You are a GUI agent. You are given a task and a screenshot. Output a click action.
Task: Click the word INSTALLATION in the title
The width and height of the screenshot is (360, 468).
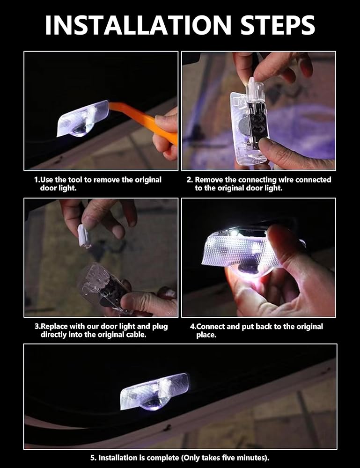pos(138,25)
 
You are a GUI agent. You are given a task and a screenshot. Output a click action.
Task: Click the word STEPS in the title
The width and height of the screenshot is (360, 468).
pos(278,25)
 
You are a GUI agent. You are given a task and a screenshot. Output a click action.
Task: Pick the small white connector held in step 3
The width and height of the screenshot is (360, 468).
pos(84,236)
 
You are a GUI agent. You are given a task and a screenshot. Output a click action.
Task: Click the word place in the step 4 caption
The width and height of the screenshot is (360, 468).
pos(206,335)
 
